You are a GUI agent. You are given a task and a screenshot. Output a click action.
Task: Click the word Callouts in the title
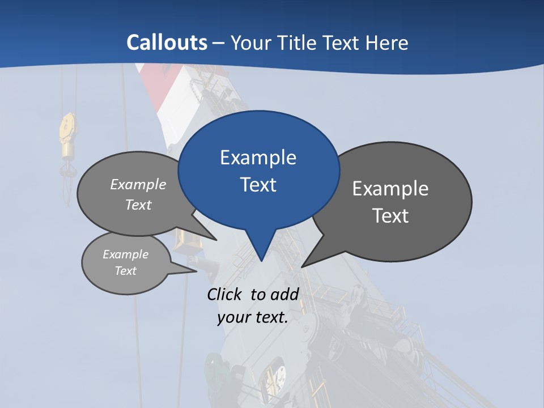pos(167,42)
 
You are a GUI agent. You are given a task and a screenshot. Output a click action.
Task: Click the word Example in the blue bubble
pos(258,158)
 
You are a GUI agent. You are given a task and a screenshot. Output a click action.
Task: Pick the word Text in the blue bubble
pos(258,185)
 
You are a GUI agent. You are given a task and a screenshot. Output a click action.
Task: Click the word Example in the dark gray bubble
pos(390,189)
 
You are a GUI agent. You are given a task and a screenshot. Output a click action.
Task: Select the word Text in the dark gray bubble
pos(390,216)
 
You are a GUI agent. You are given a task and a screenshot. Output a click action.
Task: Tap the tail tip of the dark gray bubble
pos(303,266)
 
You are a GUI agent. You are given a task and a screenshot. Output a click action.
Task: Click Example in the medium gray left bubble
pos(138,185)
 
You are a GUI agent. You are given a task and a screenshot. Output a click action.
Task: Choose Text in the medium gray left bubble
pos(138,205)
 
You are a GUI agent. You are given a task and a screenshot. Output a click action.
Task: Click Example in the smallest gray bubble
pos(126,254)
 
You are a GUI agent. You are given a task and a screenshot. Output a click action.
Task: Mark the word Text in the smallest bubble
pos(126,271)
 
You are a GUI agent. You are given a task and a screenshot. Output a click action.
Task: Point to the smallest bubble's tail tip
pos(196,271)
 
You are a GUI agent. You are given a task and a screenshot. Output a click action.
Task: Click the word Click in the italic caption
pos(225,294)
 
